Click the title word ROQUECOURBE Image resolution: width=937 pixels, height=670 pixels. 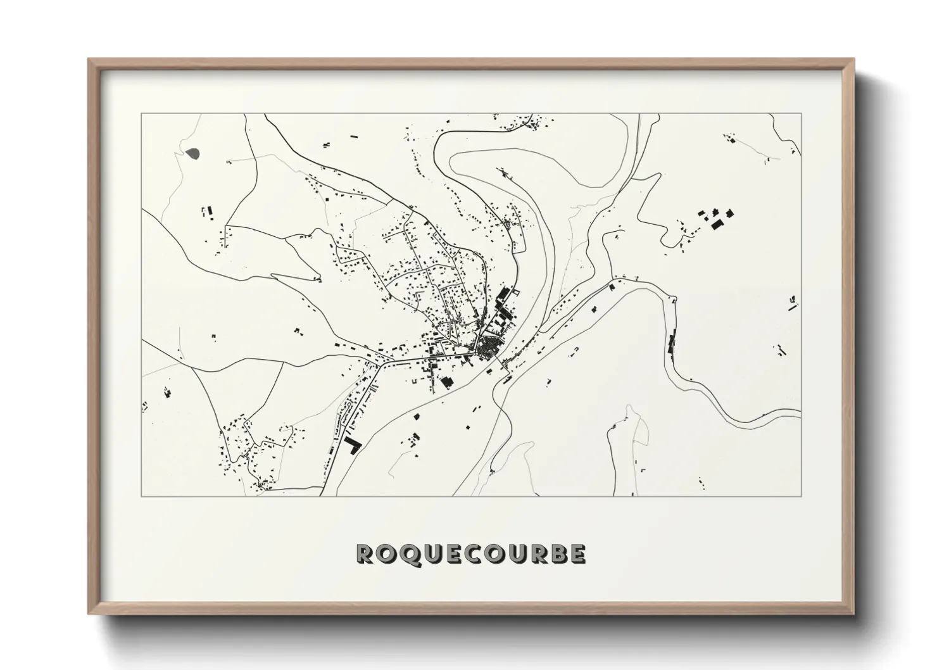tap(471, 553)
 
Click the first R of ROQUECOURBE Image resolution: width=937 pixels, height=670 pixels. tap(365, 553)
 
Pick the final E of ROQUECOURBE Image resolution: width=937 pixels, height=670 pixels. tap(577, 553)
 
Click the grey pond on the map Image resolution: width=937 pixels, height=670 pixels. tap(193, 153)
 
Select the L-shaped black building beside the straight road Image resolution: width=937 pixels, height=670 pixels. tap(352, 444)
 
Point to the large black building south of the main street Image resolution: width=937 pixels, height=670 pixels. tap(447, 381)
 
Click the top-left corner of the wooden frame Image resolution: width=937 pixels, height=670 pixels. tap(89, 60)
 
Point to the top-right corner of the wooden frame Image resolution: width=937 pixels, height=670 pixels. tap(853, 60)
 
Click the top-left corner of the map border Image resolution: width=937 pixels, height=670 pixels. tap(141, 113)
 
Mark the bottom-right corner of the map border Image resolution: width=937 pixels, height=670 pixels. tap(802, 496)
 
